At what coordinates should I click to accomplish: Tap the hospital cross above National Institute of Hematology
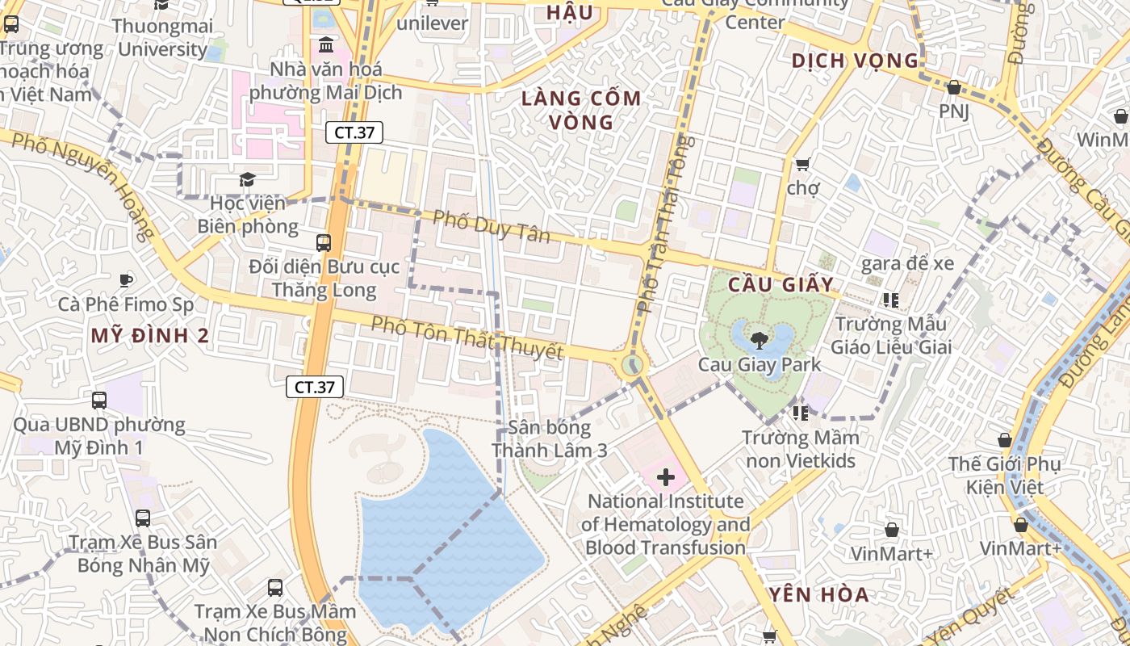click(666, 477)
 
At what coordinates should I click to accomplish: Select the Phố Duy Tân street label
click(491, 225)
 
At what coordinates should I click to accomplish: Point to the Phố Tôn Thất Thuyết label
click(467, 338)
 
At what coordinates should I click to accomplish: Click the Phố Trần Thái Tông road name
click(663, 226)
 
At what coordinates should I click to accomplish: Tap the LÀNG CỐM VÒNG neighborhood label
click(581, 111)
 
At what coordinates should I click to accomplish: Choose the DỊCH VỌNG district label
click(855, 61)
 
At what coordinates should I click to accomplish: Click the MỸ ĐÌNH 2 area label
click(150, 336)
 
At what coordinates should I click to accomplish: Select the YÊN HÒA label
click(818, 595)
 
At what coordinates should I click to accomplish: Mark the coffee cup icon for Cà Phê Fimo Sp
click(125, 280)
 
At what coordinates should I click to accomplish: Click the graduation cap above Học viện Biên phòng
click(247, 179)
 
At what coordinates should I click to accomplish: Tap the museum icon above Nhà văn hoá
click(326, 44)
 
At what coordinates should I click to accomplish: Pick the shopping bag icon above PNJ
click(953, 87)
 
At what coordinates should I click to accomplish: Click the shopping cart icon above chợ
click(802, 164)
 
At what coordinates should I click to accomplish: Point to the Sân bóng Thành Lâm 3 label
click(550, 438)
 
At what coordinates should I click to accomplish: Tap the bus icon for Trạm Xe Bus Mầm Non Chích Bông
click(275, 587)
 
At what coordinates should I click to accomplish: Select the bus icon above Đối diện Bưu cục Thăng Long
click(324, 241)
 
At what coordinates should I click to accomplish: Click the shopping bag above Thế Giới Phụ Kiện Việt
click(1005, 440)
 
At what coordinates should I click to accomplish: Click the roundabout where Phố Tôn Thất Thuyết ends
click(632, 366)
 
